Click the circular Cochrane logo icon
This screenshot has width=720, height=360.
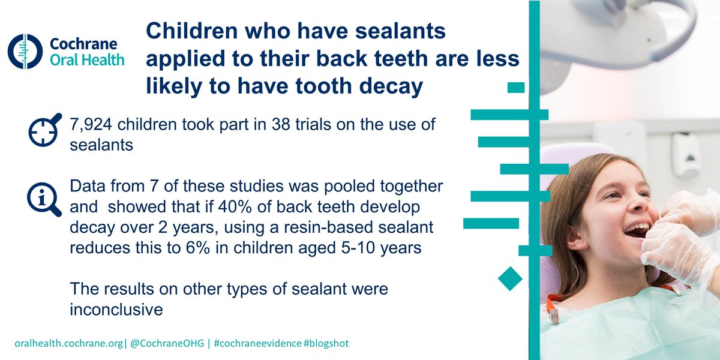click(25, 51)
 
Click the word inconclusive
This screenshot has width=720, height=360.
click(116, 309)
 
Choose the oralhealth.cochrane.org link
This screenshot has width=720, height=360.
click(70, 343)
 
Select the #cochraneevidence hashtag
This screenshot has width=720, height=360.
click(254, 343)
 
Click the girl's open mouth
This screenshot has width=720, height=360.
click(637, 230)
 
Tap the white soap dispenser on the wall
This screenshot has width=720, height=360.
click(686, 154)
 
